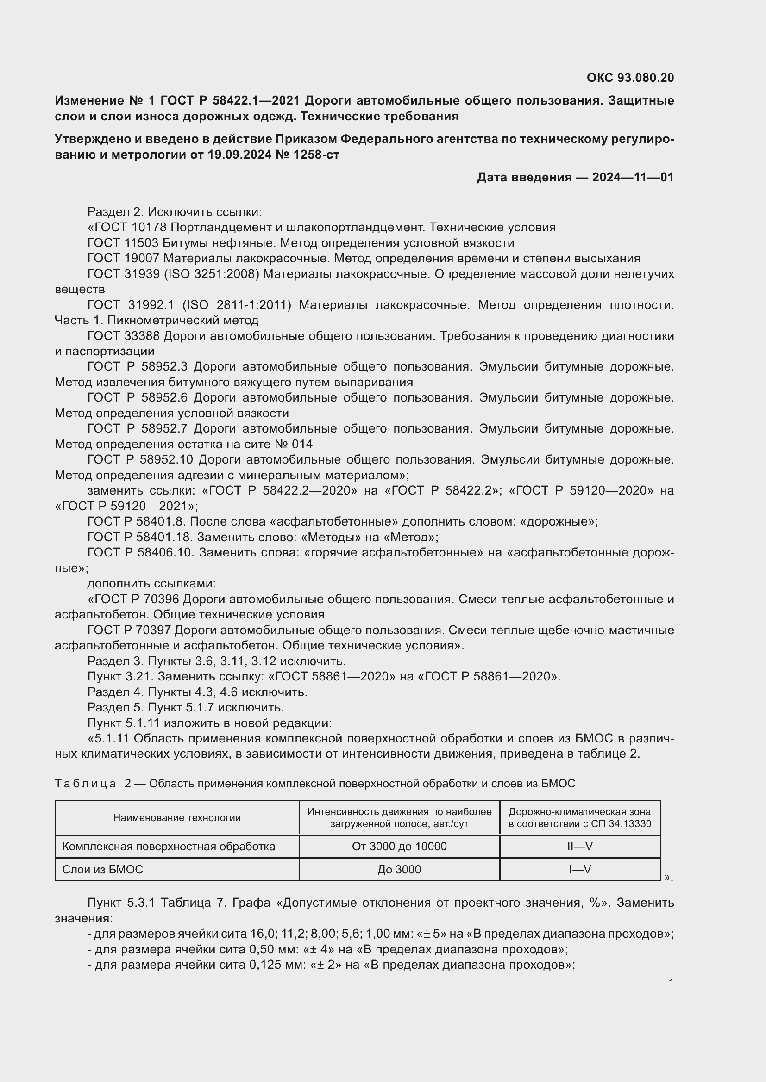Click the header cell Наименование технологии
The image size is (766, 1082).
coord(177,817)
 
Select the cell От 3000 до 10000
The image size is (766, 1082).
coord(399,847)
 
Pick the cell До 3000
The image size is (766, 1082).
coord(399,870)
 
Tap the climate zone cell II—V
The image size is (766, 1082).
coord(580,847)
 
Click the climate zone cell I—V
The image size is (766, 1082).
coord(580,870)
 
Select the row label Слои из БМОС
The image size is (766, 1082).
coord(102,870)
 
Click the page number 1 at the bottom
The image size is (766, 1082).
coord(671,983)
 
